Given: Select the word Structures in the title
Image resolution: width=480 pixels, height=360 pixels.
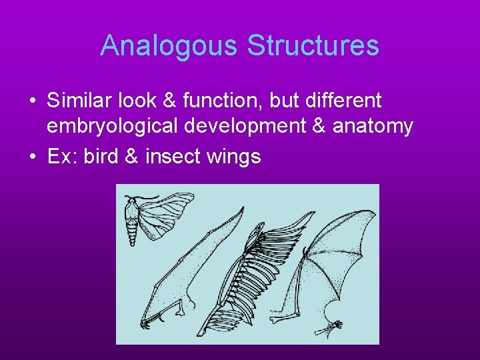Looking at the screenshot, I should tap(313, 46).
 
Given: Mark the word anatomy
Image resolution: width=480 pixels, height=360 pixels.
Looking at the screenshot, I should tap(374, 125).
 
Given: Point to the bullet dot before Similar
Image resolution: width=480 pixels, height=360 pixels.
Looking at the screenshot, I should tap(32, 101).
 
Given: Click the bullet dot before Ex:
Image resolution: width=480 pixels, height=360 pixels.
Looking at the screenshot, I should tap(32, 157).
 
